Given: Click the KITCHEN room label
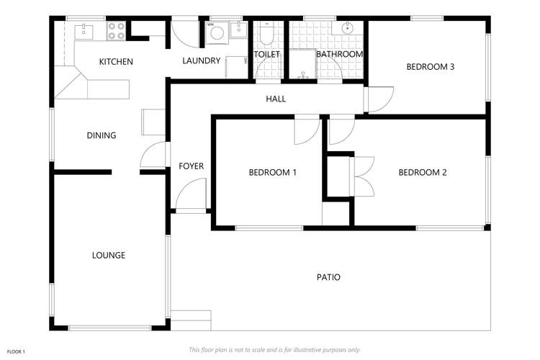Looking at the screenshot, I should tap(116, 62).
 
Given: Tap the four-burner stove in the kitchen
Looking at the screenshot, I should tap(117, 30).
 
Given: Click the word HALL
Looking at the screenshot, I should tap(276, 99).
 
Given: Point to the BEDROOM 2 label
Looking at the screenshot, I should tap(423, 172).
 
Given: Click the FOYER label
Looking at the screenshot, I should tap(191, 166).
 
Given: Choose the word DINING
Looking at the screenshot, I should tap(102, 135).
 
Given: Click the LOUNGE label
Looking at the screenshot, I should tap(109, 255).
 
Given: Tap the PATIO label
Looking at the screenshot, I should tap(328, 277).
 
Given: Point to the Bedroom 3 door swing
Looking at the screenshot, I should tap(379, 99).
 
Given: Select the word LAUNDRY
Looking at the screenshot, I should tap(201, 60).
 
